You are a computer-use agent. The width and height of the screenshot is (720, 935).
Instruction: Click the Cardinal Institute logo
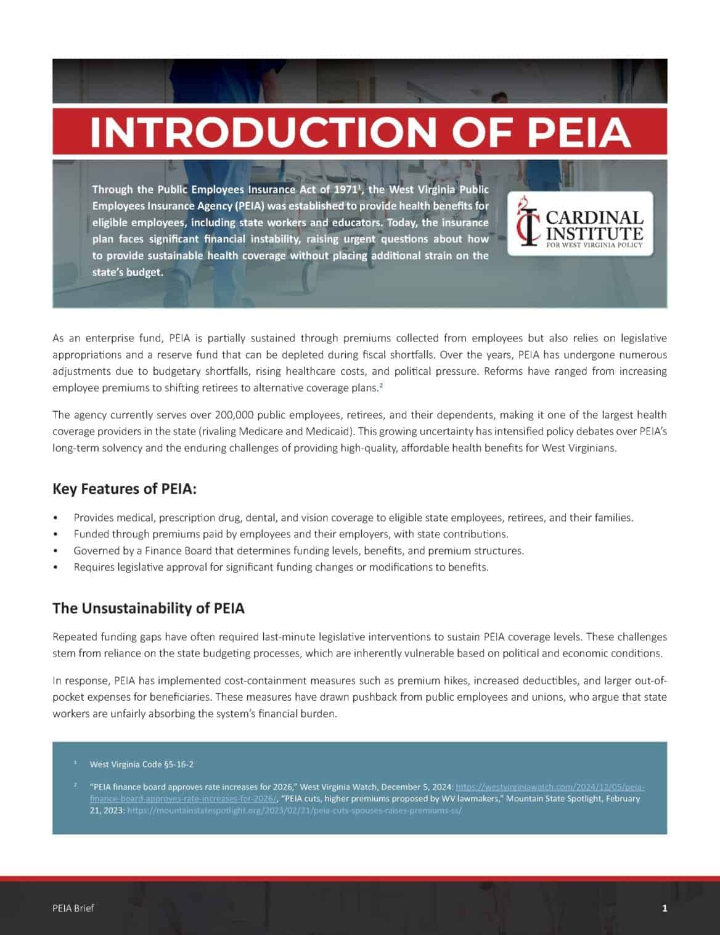click(579, 224)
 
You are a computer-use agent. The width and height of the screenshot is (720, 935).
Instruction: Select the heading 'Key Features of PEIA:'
click(125, 489)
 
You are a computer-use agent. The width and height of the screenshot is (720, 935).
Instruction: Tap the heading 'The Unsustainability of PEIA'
click(148, 608)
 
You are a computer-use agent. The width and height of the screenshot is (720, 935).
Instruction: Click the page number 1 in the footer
click(664, 908)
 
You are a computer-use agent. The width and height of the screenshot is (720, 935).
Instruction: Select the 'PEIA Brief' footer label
click(73, 908)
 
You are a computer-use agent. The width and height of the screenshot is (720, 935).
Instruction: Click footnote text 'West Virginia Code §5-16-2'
click(141, 764)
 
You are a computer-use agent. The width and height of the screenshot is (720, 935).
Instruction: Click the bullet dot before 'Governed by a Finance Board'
click(56, 551)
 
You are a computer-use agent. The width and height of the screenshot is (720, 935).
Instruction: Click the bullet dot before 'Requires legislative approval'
click(56, 567)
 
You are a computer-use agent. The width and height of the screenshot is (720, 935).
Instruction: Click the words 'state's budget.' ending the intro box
click(128, 272)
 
